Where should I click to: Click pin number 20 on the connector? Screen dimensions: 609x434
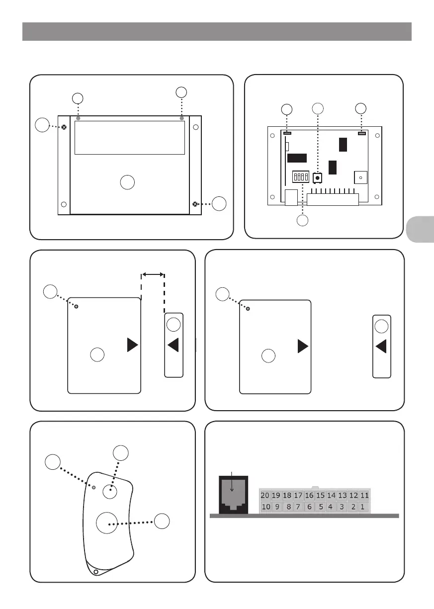click(x=265, y=495)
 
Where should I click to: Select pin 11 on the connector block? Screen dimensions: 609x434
click(x=365, y=495)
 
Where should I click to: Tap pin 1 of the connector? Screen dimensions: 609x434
click(x=362, y=507)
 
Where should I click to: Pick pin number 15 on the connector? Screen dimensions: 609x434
click(x=321, y=495)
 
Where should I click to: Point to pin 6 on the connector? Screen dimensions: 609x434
click(x=309, y=507)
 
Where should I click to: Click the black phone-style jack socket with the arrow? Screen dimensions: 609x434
click(x=233, y=495)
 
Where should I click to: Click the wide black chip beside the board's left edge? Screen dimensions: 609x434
click(x=296, y=158)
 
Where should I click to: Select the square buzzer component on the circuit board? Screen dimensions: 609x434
click(x=360, y=177)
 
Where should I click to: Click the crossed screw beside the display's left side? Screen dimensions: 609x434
click(x=64, y=127)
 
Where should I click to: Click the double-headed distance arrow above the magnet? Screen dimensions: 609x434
click(x=153, y=273)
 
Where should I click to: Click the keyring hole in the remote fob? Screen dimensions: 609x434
click(x=96, y=572)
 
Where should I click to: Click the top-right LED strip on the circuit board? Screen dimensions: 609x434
click(x=361, y=134)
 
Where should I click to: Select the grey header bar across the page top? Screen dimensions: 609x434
click(x=217, y=31)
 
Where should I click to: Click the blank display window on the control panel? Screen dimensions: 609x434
click(x=130, y=138)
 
